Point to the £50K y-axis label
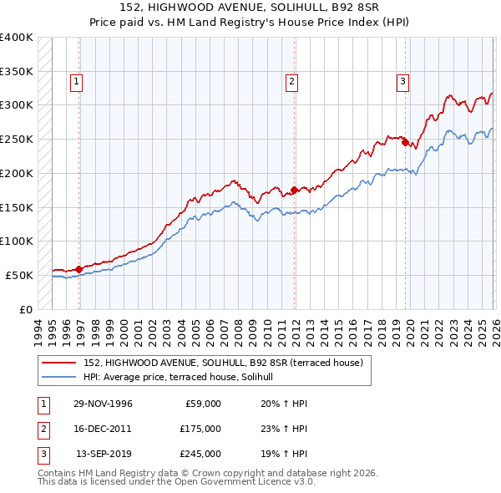coord(19,275)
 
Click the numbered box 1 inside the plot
coord(76,82)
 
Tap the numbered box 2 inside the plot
coord(291,82)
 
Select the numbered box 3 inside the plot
coord(402,82)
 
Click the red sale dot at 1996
coord(78,269)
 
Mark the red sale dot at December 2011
coord(294,190)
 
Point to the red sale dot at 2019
coord(405,143)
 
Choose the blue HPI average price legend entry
coord(184,378)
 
